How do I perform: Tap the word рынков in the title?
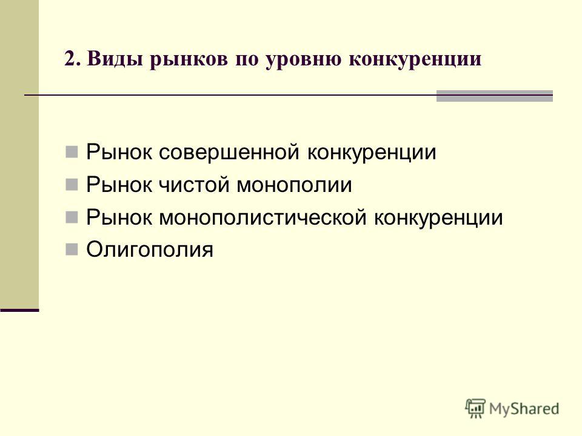point(189,59)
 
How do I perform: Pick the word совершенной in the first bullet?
point(229,152)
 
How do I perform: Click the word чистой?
point(194,185)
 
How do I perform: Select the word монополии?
point(295,185)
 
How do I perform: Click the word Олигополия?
point(150,249)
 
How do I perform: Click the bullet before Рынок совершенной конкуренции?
point(72,151)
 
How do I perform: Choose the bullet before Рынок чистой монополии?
point(72,184)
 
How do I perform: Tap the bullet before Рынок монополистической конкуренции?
point(72,217)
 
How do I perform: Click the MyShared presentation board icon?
point(475,408)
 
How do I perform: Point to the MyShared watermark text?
point(524,409)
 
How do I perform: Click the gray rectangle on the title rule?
point(495,96)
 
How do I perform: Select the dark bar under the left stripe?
point(19,310)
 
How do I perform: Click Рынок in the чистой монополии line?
point(119,185)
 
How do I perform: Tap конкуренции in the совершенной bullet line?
point(372,153)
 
